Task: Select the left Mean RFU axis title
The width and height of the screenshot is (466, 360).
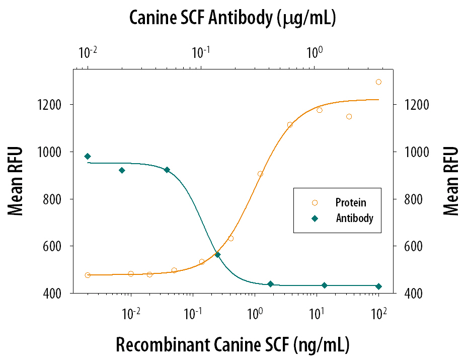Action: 16,181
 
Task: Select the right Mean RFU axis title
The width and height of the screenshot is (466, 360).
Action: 451,181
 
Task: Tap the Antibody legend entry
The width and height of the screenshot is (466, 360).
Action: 354,219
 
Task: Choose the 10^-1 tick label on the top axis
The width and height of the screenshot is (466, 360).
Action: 201,51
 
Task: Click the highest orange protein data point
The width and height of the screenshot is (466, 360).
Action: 378,82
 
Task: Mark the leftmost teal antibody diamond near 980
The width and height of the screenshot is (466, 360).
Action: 88,157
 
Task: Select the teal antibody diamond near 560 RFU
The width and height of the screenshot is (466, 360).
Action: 217,255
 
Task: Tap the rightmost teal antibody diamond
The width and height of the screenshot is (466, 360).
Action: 378,286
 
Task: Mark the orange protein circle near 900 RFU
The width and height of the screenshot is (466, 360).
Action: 260,174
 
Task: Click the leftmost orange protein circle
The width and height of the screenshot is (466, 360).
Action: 88,275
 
